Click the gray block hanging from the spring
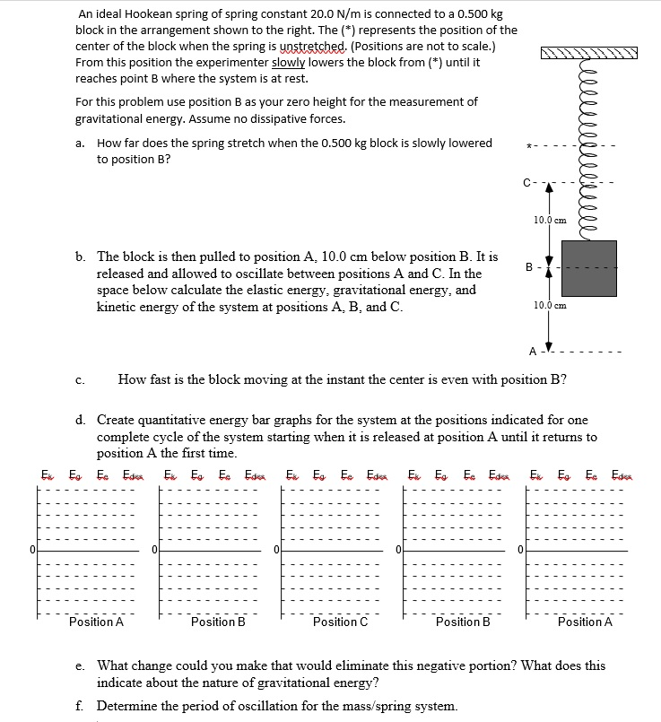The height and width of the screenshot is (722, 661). pyautogui.click(x=588, y=268)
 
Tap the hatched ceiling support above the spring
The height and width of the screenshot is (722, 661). pyautogui.click(x=589, y=53)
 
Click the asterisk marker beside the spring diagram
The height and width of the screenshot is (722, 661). pyautogui.click(x=530, y=146)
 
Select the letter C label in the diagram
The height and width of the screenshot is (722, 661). pyautogui.click(x=527, y=184)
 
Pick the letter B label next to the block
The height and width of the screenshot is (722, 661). pyautogui.click(x=528, y=266)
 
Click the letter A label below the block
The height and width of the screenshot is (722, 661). pyautogui.click(x=530, y=351)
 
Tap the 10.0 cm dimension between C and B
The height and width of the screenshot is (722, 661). pyautogui.click(x=549, y=220)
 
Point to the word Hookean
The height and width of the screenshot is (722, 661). pyautogui.click(x=147, y=14)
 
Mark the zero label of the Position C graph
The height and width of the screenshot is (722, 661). pyautogui.click(x=278, y=548)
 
